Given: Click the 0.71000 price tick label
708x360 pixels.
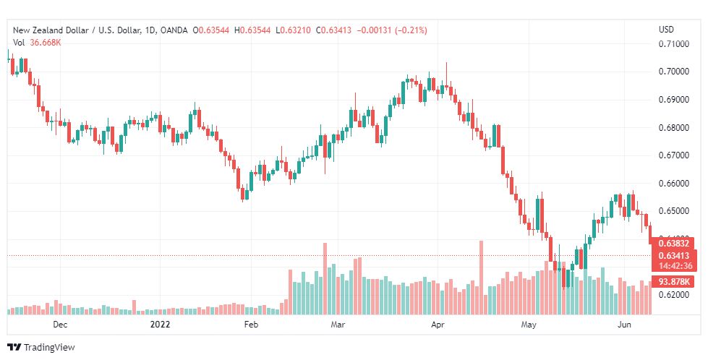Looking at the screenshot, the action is point(674,44).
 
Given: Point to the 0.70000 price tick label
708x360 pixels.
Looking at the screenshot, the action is point(674,72).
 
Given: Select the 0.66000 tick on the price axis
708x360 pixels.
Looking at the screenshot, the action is point(674,184).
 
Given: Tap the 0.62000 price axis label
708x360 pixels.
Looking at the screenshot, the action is point(674,295).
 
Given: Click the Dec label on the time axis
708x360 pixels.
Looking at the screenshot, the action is point(60,325).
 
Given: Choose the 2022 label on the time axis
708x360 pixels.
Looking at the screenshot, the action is point(160,325).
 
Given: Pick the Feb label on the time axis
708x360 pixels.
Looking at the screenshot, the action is point(251,325).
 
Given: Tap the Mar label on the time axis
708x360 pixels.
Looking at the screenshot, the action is point(338,325).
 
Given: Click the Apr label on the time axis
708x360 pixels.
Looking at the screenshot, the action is point(438,325).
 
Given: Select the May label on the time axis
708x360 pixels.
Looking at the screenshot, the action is point(529,325).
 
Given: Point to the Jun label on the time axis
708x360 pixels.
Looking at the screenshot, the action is point(624,325).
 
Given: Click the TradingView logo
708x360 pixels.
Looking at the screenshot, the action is point(41,348).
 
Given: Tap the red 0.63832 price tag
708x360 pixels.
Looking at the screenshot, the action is point(674,244).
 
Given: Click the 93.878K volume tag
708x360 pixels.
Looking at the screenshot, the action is point(674,282).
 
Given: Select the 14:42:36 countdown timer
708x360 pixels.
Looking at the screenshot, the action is point(675,266).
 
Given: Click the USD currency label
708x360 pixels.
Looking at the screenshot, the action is point(667,30).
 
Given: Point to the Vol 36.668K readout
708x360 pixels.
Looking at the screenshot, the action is point(37,43).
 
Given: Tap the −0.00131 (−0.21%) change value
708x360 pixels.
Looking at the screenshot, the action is point(392,30).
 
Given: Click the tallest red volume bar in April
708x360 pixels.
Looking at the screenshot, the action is point(481,278).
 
